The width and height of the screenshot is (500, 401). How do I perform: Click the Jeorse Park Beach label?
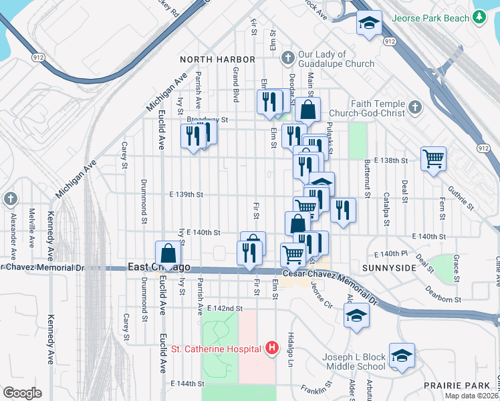click(x=431, y=19)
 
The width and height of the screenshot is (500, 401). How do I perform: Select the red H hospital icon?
click(x=271, y=348)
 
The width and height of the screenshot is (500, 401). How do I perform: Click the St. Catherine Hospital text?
click(x=217, y=348)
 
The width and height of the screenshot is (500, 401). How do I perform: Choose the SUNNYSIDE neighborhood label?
click(x=390, y=267)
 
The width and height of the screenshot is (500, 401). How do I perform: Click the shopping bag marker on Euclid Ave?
click(x=168, y=253)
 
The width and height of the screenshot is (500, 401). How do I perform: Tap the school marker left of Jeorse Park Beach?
click(x=368, y=23)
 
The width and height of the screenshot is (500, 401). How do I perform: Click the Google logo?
click(x=21, y=393)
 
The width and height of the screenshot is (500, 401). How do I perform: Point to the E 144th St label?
click(x=187, y=384)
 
